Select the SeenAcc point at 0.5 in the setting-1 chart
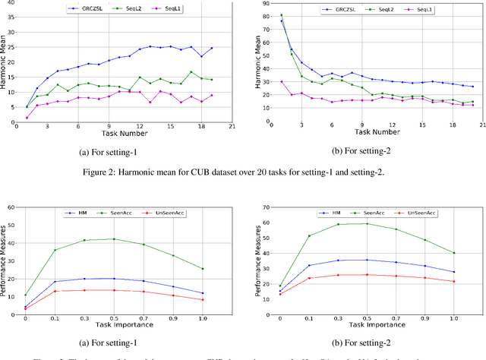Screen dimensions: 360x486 tap(114, 239)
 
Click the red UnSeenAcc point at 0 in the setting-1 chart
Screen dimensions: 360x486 tap(25, 309)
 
